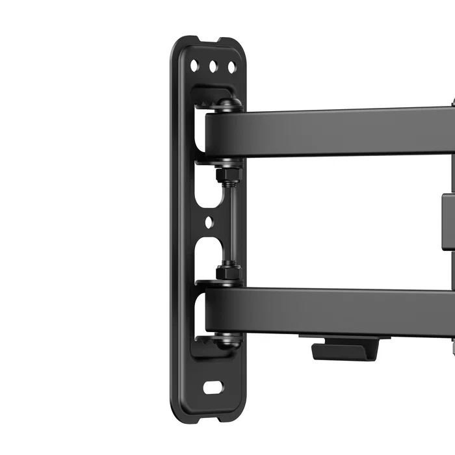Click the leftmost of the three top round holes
pos(194,65)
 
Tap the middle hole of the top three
pos(213,66)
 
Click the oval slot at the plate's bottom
pos(213,387)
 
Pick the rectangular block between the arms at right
pos(448,221)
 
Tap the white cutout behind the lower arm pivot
pos(198,311)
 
